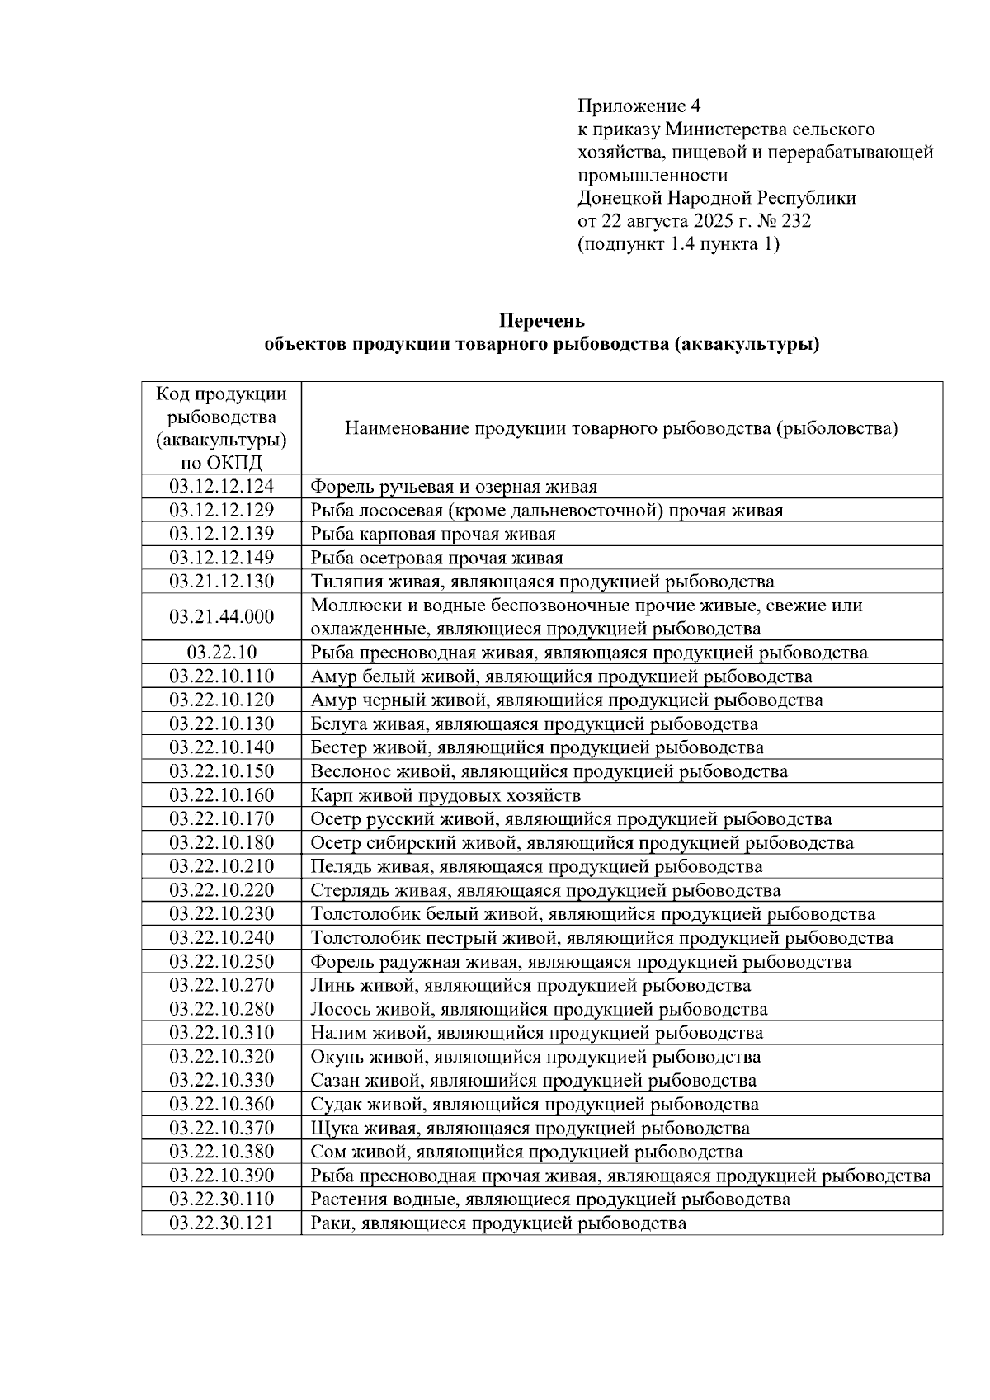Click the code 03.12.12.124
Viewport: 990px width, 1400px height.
click(x=221, y=487)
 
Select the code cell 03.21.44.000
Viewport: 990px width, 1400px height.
click(x=221, y=617)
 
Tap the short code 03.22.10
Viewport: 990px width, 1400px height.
click(x=221, y=653)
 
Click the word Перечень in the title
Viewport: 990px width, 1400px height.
click(x=542, y=320)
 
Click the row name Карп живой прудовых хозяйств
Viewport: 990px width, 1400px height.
click(x=445, y=796)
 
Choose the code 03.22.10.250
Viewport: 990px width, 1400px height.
click(x=221, y=962)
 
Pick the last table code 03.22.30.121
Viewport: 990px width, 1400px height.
click(x=221, y=1223)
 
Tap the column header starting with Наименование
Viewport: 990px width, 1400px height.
click(x=620, y=429)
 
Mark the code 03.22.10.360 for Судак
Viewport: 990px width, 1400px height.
click(x=221, y=1105)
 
